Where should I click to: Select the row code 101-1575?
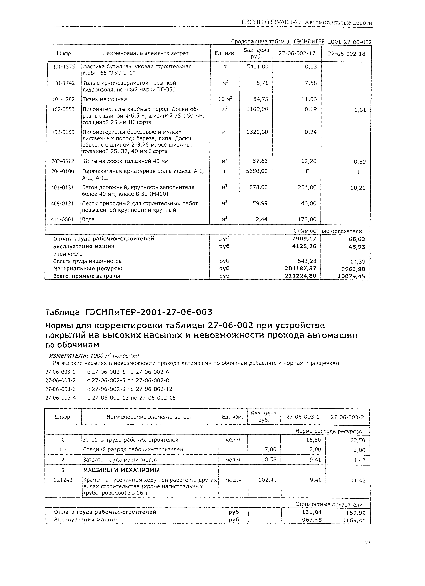coord(64,67)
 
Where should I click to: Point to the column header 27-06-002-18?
coord(346,54)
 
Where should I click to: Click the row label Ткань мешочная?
coord(104,99)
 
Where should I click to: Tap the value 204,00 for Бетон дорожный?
coord(307,187)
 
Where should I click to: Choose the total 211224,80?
coord(300,276)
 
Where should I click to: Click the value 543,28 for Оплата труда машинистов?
coord(307,261)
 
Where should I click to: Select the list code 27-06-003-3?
coord(60,389)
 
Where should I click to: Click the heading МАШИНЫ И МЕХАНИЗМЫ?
coord(121,470)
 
